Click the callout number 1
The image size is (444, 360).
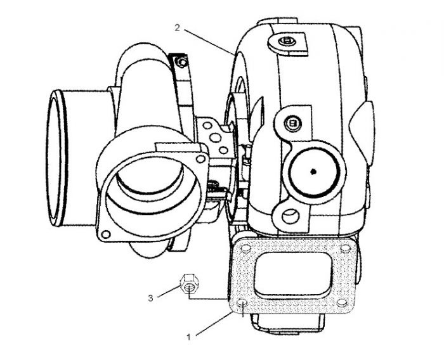188,337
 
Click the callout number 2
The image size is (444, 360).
177,28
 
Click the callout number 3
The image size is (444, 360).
151,298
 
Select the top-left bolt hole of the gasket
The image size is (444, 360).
245,248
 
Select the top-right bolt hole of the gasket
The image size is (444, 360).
345,249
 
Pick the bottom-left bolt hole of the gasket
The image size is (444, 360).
242,303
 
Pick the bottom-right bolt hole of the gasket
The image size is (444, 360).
342,303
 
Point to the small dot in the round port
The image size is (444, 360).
313,171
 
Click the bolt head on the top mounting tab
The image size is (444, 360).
287,41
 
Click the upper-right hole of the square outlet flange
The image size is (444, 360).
200,159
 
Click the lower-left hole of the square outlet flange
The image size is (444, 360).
106,234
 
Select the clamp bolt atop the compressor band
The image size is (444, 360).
181,62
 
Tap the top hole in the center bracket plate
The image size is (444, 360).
207,125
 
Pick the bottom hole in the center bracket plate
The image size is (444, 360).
224,150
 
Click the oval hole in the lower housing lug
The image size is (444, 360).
291,217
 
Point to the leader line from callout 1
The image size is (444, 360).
214,324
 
